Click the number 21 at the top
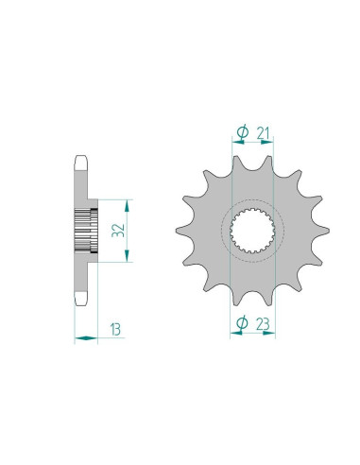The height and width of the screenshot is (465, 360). point(264,132)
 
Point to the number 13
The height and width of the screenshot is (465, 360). point(115,330)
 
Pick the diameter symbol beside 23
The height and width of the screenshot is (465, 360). point(240,323)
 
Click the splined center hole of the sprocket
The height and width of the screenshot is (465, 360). point(250,233)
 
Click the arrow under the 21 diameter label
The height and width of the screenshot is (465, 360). point(250,146)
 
